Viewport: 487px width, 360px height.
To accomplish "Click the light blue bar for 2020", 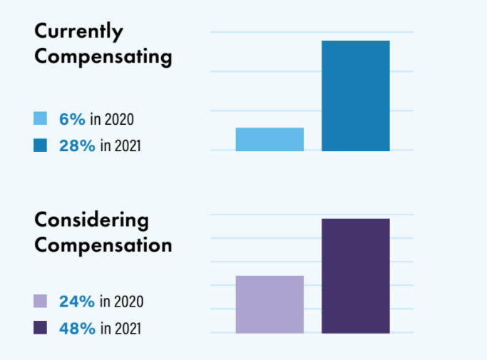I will pyautogui.click(x=270, y=139).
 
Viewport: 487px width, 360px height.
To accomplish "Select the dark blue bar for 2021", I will pyautogui.click(x=356, y=96).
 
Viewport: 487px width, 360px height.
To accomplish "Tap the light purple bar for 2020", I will pyautogui.click(x=270, y=304).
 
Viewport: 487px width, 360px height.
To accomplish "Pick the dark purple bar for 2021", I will pyautogui.click(x=356, y=276).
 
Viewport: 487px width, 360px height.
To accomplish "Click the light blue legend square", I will pyautogui.click(x=41, y=119).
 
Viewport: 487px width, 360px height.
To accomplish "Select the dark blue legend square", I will pyautogui.click(x=41, y=145).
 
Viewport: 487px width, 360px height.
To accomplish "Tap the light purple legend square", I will pyautogui.click(x=41, y=302).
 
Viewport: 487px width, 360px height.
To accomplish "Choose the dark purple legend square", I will pyautogui.click(x=41, y=328).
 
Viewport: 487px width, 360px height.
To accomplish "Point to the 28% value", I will pyautogui.click(x=77, y=145).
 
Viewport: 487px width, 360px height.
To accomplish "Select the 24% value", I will pyautogui.click(x=77, y=302).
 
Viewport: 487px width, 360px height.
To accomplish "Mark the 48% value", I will pyautogui.click(x=77, y=328).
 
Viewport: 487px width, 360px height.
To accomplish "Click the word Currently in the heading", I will pyautogui.click(x=78, y=32).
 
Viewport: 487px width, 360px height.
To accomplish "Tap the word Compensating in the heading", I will pyautogui.click(x=103, y=57).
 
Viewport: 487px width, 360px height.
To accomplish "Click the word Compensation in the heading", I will pyautogui.click(x=103, y=245).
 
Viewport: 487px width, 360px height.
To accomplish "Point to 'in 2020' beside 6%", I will pyautogui.click(x=111, y=119).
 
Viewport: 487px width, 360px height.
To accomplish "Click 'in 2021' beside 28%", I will pyautogui.click(x=121, y=145).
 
